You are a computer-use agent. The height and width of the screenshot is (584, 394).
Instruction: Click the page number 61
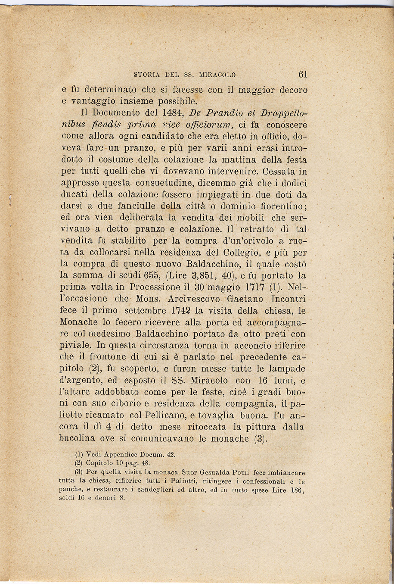click(x=302, y=74)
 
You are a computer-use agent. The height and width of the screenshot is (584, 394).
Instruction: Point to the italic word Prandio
click(x=220, y=114)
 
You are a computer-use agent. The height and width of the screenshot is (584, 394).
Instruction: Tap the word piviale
click(x=75, y=345)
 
